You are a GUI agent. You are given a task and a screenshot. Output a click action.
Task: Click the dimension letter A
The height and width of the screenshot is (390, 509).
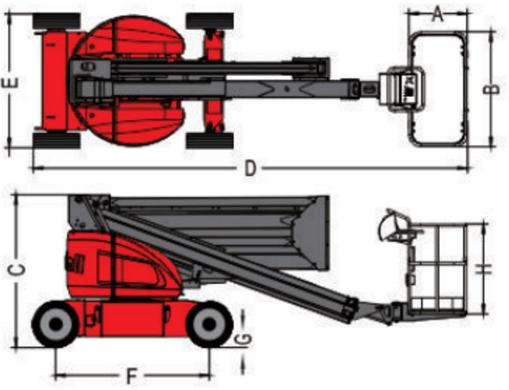pos(437,15)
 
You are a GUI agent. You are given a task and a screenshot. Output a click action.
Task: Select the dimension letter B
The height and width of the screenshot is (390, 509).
pos(491,88)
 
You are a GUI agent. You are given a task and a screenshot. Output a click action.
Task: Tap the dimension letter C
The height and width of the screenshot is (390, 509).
pos(17,270)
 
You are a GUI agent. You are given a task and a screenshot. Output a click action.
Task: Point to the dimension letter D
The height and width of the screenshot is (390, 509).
pos(250,168)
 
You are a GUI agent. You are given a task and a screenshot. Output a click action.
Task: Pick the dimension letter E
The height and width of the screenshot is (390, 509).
pos(9,83)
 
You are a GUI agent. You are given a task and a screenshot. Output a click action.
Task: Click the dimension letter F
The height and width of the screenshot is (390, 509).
pos(131,376)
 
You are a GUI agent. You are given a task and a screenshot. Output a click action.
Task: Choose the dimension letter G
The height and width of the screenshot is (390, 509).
pos(243,338)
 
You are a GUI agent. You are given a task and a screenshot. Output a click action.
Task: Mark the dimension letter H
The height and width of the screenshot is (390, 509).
pos(484,269)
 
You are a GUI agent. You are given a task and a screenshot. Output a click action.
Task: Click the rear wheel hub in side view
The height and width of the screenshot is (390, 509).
pos(56,324)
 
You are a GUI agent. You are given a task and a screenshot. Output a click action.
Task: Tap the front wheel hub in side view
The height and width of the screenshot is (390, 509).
pos(210,324)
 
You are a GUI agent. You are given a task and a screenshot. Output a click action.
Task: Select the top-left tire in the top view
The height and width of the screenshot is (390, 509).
pos(57,20)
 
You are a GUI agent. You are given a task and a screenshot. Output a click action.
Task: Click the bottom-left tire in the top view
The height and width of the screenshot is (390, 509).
pos(57,141)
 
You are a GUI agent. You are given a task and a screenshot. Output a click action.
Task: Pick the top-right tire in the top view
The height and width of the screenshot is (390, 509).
pos(210,20)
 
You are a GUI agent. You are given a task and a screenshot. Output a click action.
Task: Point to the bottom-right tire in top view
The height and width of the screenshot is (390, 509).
pos(210,141)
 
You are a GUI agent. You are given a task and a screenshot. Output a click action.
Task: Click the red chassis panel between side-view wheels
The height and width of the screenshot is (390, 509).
pos(132,319)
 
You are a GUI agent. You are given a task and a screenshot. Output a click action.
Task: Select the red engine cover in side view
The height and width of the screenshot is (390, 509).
pos(122,264)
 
